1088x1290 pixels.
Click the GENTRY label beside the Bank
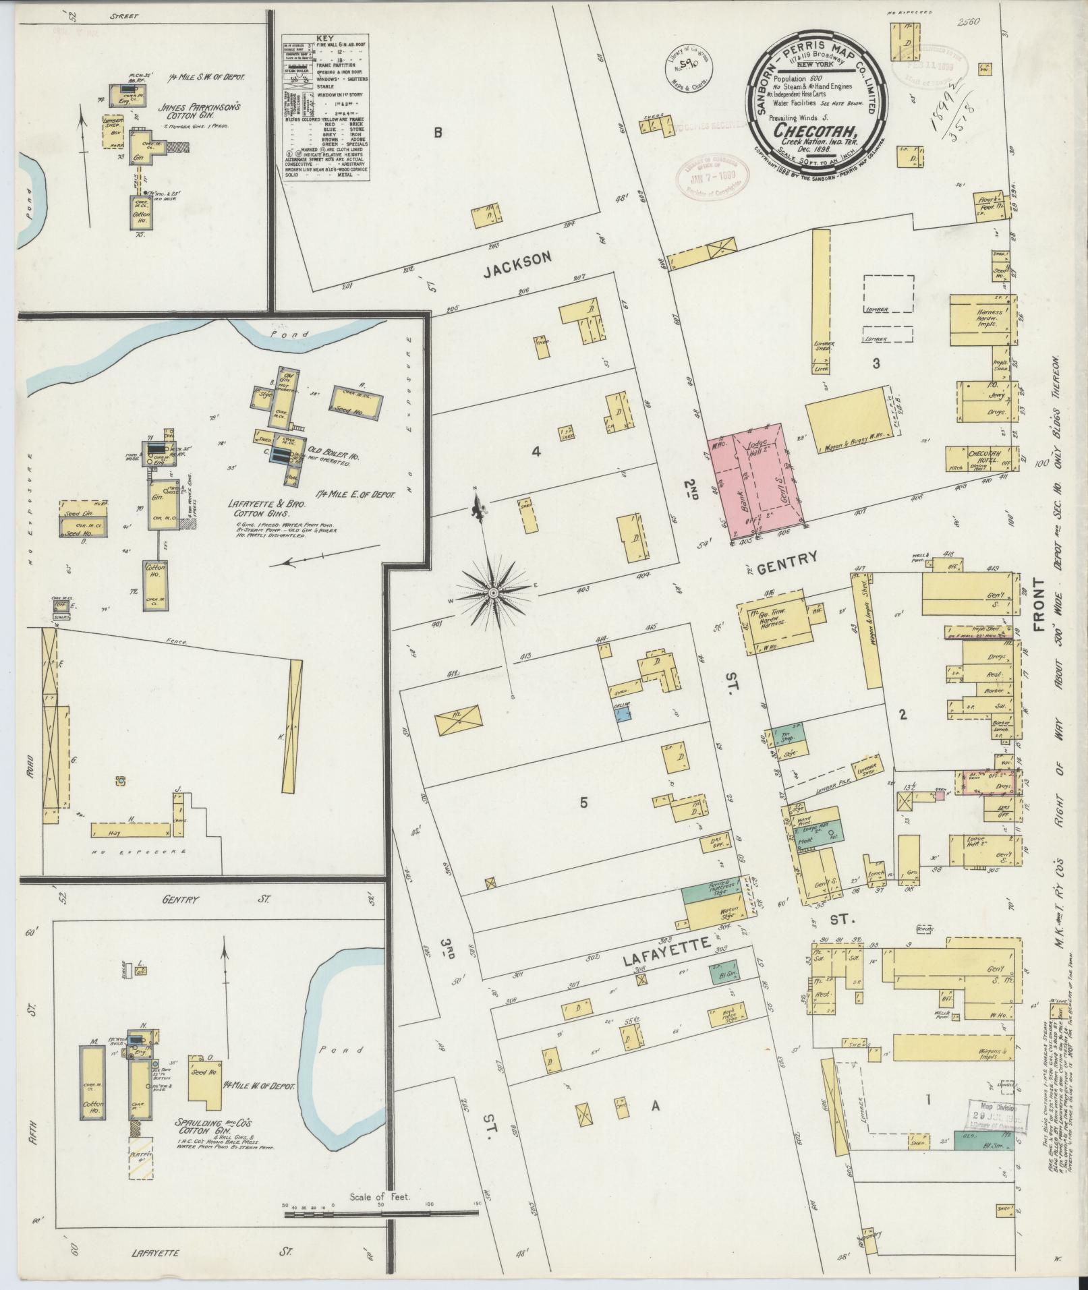click(786, 557)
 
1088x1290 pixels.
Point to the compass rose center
click(493, 593)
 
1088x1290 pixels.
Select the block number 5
click(583, 802)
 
